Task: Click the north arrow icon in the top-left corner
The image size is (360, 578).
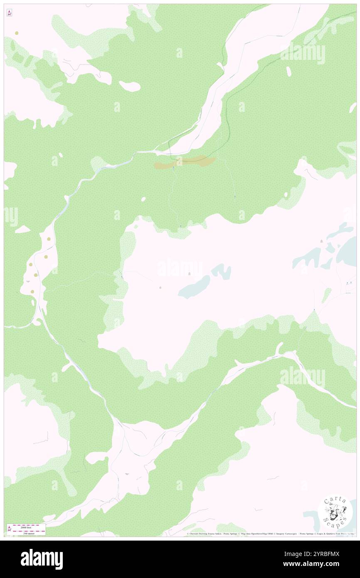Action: [9, 12]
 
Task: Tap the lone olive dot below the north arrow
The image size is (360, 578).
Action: [17, 33]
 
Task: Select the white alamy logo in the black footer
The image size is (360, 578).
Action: [42, 559]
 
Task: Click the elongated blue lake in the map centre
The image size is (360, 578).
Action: [194, 287]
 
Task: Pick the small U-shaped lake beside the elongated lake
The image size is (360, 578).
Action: [221, 271]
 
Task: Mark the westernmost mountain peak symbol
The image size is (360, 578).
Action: [160, 287]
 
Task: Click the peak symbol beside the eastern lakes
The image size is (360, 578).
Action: [321, 241]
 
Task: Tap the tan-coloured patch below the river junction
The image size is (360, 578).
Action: [185, 162]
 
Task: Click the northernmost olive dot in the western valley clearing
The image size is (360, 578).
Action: [49, 239]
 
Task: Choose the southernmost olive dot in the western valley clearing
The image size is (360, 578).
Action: [33, 291]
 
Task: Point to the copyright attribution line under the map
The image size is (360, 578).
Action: [270, 534]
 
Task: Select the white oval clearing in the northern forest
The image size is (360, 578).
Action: [129, 86]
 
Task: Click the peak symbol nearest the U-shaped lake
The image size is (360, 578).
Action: [190, 274]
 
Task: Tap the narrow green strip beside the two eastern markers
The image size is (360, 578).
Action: [327, 295]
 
